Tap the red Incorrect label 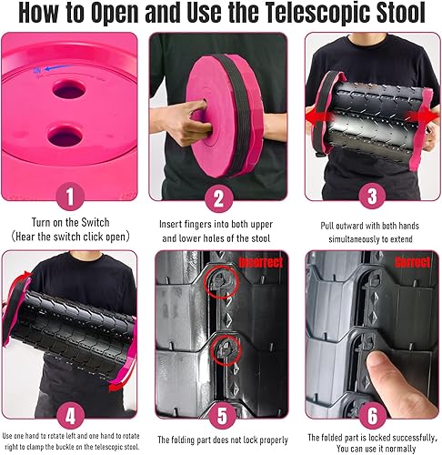[260, 262]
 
